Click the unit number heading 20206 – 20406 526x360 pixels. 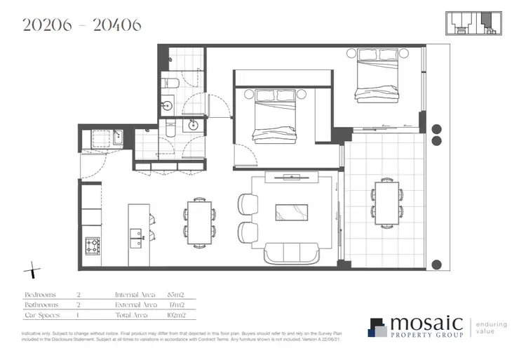coord(82,25)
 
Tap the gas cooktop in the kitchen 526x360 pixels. coord(92,246)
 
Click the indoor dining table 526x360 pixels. coord(198,222)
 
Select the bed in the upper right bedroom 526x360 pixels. coord(378,76)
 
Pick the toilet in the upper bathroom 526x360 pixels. coord(170,86)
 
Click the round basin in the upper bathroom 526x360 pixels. coord(168,107)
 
